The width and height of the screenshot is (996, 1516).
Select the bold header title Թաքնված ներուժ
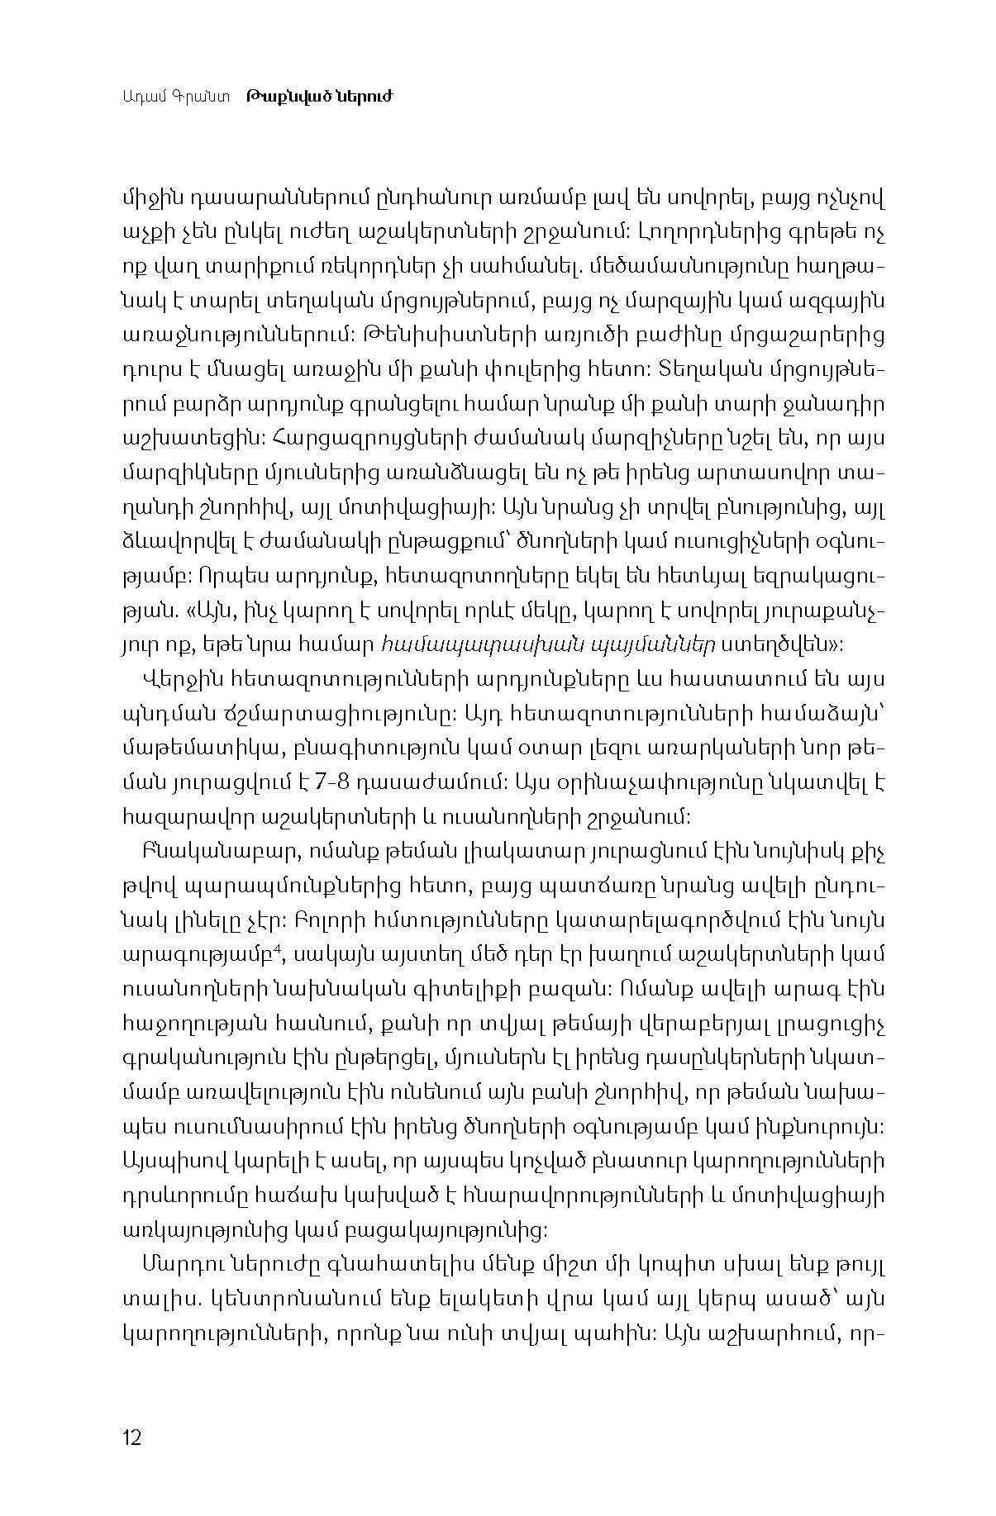tap(318, 97)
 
